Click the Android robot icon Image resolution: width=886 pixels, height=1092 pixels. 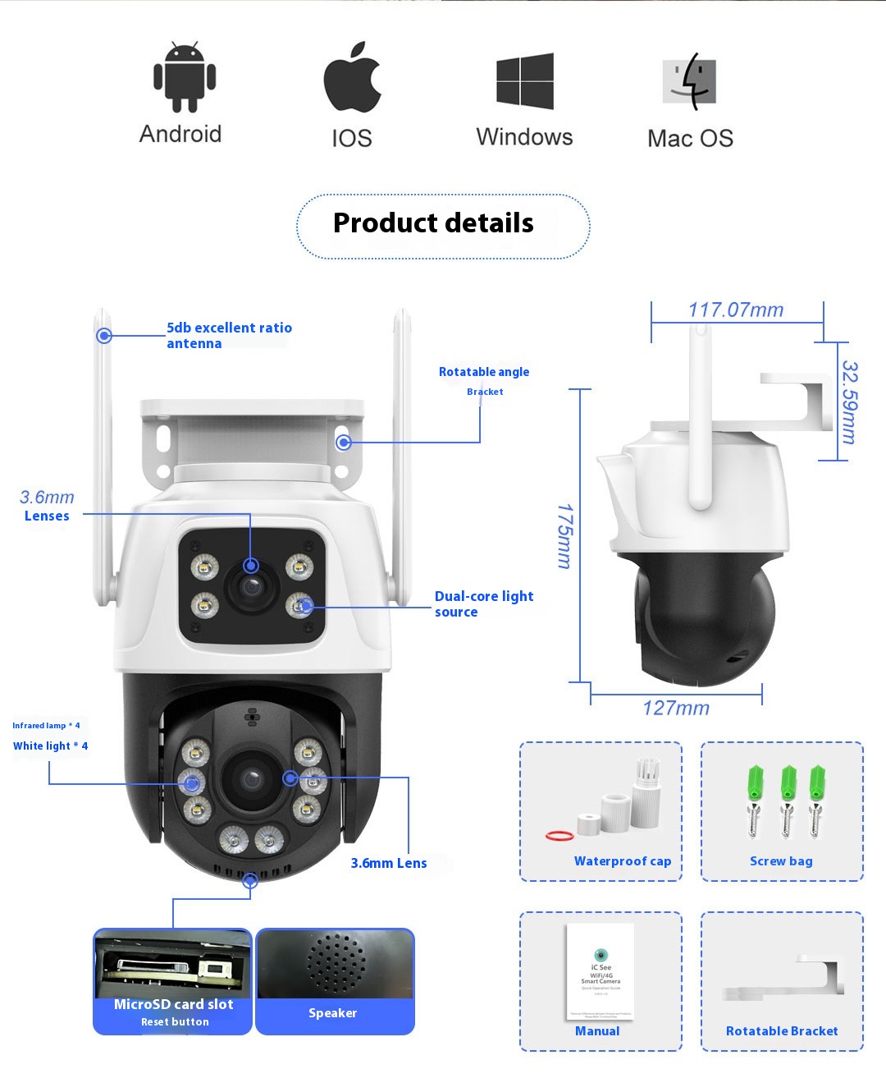pos(185,77)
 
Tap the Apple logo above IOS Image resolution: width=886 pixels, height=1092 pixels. pos(352,78)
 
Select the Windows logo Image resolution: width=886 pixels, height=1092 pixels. pos(525,80)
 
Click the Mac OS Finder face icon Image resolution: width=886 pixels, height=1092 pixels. pos(690,81)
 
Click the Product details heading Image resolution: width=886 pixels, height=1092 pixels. pos(433,223)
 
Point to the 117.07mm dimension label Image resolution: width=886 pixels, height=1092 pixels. pos(736,310)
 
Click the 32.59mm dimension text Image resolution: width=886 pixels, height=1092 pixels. pos(850,402)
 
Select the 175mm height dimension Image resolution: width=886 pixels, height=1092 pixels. pos(564,536)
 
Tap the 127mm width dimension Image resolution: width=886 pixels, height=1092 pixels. pos(676,708)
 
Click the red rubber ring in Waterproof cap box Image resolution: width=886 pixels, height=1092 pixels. pos(559,836)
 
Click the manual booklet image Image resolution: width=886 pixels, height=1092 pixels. pos(601,971)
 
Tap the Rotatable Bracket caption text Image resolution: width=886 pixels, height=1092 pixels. pos(782,1031)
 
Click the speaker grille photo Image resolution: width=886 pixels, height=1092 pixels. pos(336,964)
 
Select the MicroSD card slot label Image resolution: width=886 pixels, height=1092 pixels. pos(173,1004)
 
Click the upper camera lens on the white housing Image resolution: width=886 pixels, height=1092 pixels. pos(251,585)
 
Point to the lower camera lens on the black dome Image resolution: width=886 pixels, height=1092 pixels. pos(250,778)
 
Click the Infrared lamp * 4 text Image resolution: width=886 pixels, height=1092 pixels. pos(46,726)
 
